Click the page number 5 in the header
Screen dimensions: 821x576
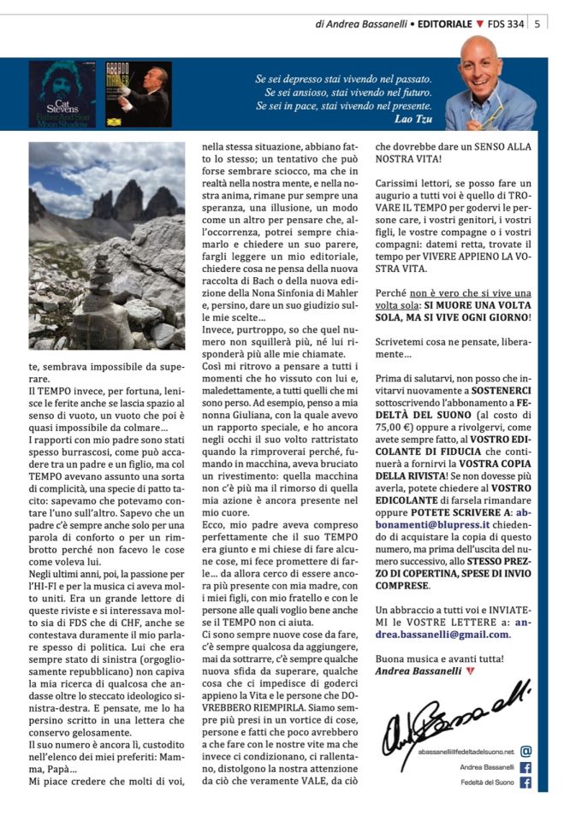[536, 24]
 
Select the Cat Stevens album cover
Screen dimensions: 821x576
[62, 94]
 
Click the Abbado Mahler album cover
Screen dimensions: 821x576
[137, 94]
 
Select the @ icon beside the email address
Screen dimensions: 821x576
[526, 751]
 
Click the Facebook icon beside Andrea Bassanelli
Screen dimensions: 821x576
[526, 767]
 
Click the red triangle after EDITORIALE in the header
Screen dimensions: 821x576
[479, 24]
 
